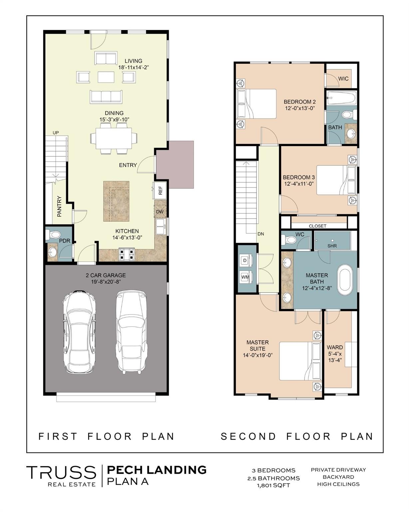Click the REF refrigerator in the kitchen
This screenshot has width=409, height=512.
[x=160, y=190]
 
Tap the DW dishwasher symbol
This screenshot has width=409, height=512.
[x=160, y=212]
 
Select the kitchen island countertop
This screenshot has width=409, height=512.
[x=116, y=201]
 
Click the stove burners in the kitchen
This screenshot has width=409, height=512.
[x=127, y=254]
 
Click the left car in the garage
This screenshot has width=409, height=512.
[x=79, y=332]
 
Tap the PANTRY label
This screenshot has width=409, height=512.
[x=59, y=207]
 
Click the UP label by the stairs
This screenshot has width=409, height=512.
[x=56, y=133]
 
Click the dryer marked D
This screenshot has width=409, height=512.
[x=245, y=260]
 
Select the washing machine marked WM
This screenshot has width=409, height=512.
[x=245, y=277]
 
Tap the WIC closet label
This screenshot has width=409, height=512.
[x=343, y=79]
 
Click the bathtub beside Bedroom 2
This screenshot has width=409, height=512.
[x=341, y=98]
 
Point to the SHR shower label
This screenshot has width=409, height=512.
[x=332, y=246]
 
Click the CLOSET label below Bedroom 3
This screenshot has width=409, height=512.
[x=317, y=226]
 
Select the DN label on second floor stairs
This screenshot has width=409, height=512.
[x=261, y=234]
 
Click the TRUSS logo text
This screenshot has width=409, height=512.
[x=62, y=473]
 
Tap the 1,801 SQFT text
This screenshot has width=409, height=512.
[x=273, y=485]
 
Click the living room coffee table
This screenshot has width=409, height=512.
[x=106, y=77]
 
